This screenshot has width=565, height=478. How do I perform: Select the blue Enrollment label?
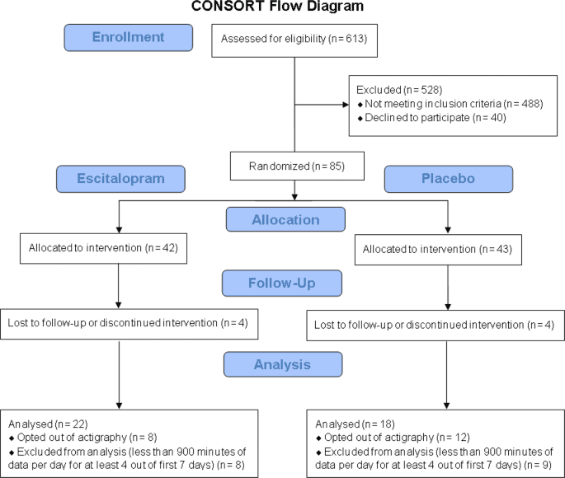point(128,38)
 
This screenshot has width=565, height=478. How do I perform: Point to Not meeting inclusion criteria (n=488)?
point(433,103)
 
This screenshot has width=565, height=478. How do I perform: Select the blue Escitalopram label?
point(121,179)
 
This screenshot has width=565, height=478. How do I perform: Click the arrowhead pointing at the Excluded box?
point(346,105)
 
